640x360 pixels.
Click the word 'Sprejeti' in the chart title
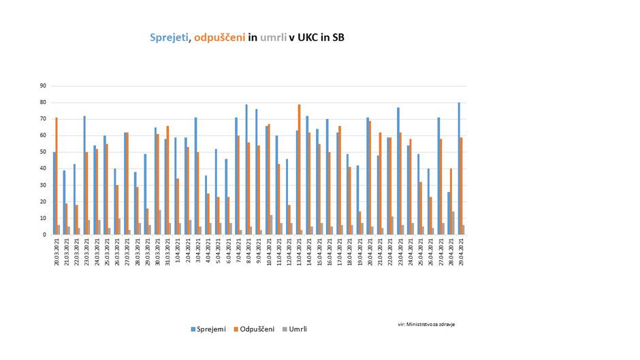click(x=169, y=37)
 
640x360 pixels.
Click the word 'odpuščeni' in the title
click(x=219, y=37)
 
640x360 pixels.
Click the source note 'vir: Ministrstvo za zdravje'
click(x=426, y=324)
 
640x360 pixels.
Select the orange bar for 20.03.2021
click(x=57, y=176)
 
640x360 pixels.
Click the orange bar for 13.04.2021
click(x=300, y=169)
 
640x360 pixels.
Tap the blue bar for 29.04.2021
click(x=460, y=169)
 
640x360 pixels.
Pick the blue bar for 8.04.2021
click(x=246, y=169)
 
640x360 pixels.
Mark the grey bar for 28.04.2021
click(x=453, y=223)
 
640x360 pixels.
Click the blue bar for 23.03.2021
click(x=84, y=176)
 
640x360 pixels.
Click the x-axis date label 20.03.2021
click(x=57, y=253)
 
